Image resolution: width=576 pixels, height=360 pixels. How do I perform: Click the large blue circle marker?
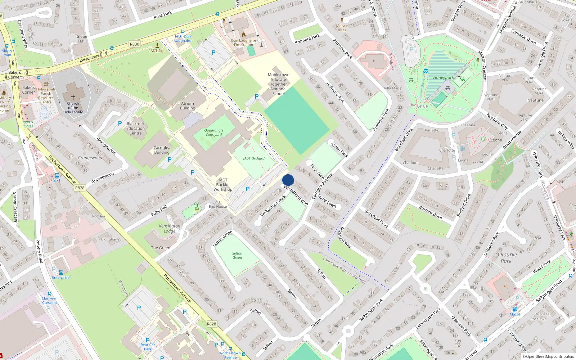pyautogui.click(x=288, y=180)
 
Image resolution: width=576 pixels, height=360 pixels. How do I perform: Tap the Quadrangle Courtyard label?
pyautogui.click(x=214, y=132)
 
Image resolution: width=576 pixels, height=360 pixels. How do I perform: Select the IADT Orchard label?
pyautogui.click(x=253, y=158)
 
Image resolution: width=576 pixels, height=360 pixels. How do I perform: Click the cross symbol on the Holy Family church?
pyautogui.click(x=73, y=98)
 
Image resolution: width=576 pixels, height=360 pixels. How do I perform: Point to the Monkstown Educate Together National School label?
pyautogui.click(x=278, y=84)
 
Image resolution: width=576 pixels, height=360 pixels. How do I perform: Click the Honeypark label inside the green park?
pyautogui.click(x=444, y=77)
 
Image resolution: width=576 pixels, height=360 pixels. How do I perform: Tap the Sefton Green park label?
pyautogui.click(x=237, y=255)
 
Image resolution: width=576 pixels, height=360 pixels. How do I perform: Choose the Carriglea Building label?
pyautogui.click(x=162, y=150)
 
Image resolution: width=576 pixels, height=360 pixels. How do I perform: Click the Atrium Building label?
pyautogui.click(x=188, y=106)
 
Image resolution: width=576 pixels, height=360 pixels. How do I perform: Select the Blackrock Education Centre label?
pyautogui.click(x=135, y=128)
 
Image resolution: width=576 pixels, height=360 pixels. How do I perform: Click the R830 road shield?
pyautogui.click(x=134, y=44)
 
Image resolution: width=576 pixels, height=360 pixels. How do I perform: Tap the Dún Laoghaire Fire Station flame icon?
pyautogui.click(x=244, y=35)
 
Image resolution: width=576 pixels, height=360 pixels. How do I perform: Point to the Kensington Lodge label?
pyautogui.click(x=170, y=228)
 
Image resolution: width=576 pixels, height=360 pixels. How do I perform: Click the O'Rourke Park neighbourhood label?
pyautogui.click(x=506, y=257)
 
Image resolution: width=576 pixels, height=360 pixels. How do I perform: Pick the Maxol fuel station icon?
pyautogui.click(x=514, y=309)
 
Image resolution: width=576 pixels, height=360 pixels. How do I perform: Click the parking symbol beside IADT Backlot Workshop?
pyautogui.click(x=248, y=189)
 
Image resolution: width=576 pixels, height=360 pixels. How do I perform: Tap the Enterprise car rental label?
pyautogui.click(x=60, y=278)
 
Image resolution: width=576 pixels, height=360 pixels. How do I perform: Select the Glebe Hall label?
pyautogui.click(x=82, y=39)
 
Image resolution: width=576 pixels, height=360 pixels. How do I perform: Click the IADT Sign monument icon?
pyautogui.click(x=157, y=45)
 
